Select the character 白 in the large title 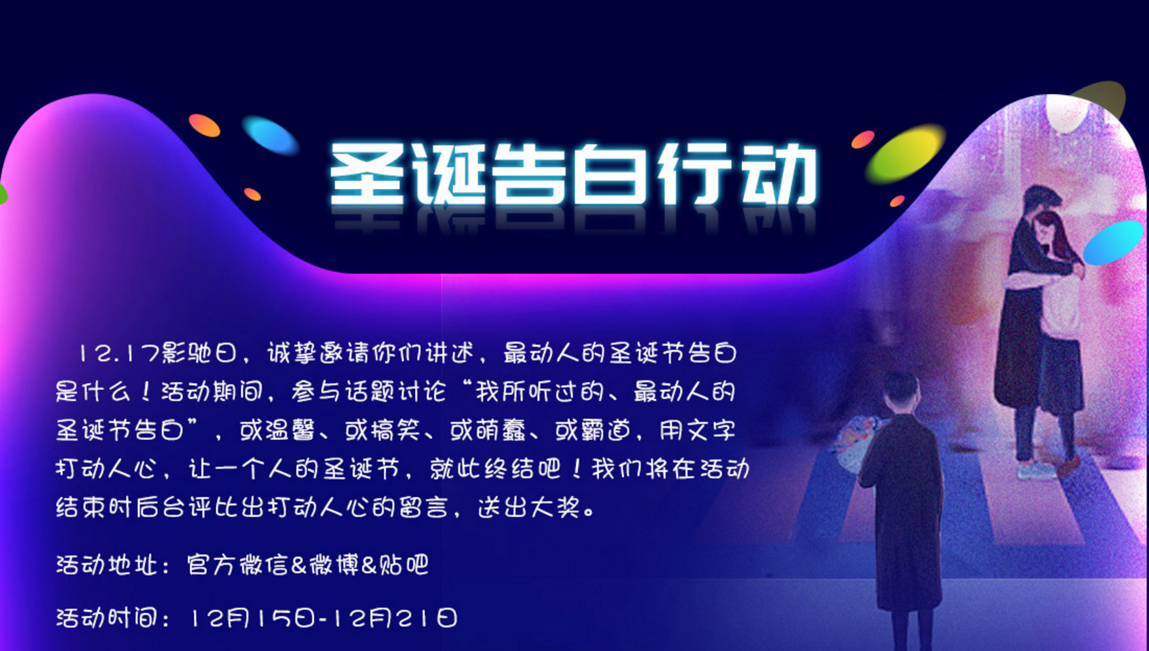(613, 174)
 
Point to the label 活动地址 (107, 565)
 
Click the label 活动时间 (107, 618)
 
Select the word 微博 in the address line (334, 565)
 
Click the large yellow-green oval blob (906, 154)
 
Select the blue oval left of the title (271, 136)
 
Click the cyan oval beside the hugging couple (1113, 242)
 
